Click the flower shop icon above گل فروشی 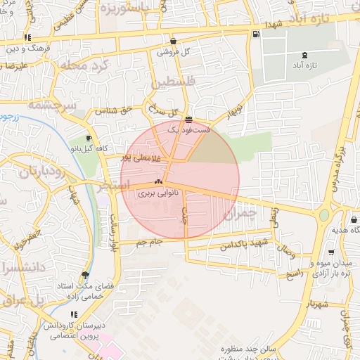coord(173,41)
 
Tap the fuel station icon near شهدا coord(254,33)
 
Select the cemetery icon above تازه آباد coord(304,54)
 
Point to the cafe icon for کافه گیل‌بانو coord(89,138)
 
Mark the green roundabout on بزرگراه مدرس coord(324,215)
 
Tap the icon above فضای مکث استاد coord(86,274)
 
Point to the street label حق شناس coord(115,110)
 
